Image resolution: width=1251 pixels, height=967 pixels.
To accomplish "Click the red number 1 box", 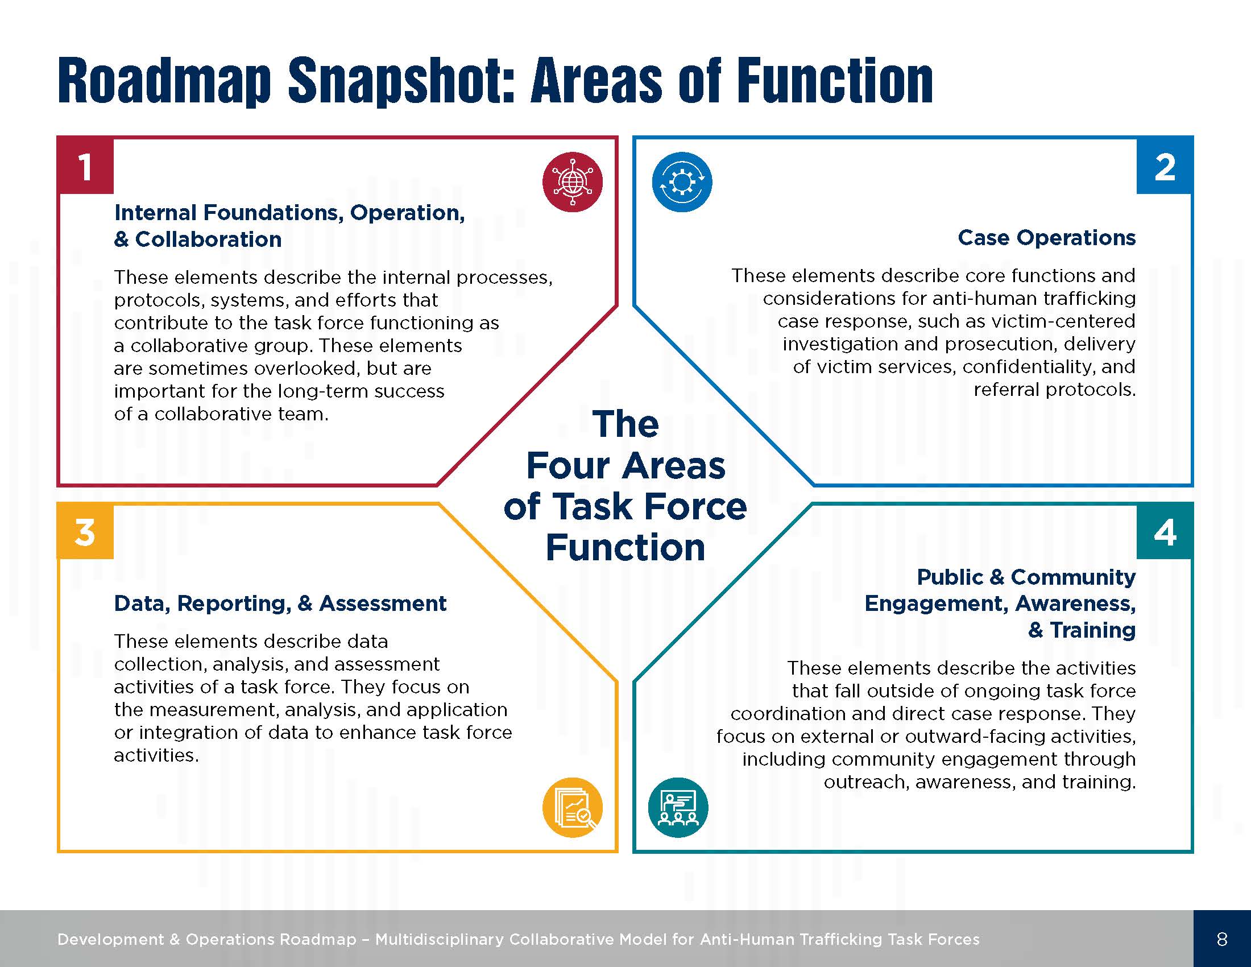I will pyautogui.click(x=85, y=166).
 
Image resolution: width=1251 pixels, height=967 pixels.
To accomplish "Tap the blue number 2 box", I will pyautogui.click(x=1165, y=166).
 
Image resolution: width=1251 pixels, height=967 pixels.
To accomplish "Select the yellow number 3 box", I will pyautogui.click(x=85, y=532).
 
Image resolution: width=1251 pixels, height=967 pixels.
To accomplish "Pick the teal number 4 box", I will pyautogui.click(x=1165, y=532).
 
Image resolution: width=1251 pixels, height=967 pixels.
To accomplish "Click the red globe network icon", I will pyautogui.click(x=572, y=182).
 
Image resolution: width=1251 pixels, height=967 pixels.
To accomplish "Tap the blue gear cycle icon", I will pyautogui.click(x=682, y=182).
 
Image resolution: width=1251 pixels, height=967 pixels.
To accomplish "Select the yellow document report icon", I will pyautogui.click(x=572, y=807).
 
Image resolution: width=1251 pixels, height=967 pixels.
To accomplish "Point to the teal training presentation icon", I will pyautogui.click(x=678, y=807).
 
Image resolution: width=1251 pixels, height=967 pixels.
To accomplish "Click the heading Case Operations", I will pyautogui.click(x=1046, y=237).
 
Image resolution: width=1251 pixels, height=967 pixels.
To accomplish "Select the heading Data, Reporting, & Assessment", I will pyautogui.click(x=280, y=603).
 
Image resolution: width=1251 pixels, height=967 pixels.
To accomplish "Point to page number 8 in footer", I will pyautogui.click(x=1222, y=939).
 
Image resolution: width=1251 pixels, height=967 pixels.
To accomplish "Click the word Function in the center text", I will pyautogui.click(x=625, y=548).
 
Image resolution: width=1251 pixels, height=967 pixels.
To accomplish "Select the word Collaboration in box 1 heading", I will pyautogui.click(x=209, y=239).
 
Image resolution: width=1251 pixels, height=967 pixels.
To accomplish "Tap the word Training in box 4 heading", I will pyautogui.click(x=1092, y=630).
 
